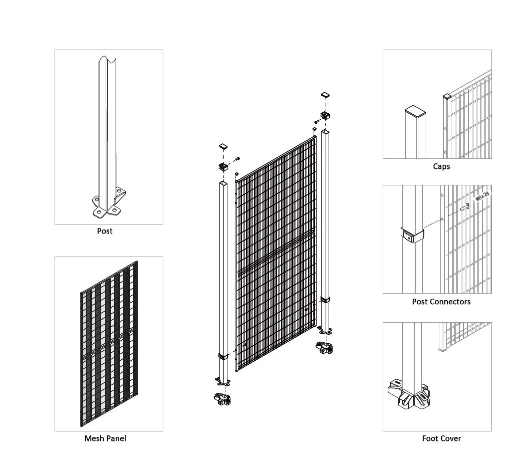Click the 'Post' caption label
click(x=105, y=231)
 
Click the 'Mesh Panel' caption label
click(x=105, y=438)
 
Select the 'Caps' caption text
click(x=441, y=166)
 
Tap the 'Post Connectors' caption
click(x=441, y=302)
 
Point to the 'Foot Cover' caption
click(x=441, y=438)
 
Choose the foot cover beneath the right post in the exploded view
click(x=324, y=346)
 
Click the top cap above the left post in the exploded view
click(x=223, y=147)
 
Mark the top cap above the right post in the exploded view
click(x=325, y=94)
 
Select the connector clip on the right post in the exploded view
click(x=325, y=300)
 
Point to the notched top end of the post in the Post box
click(x=109, y=62)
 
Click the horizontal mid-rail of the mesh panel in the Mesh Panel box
click(x=109, y=342)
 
